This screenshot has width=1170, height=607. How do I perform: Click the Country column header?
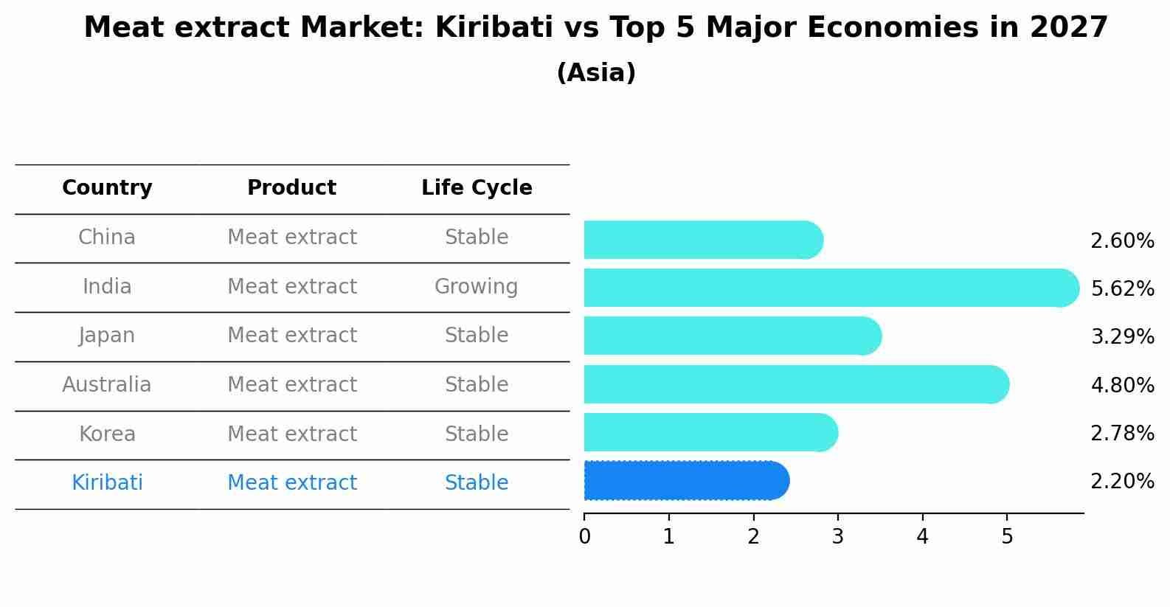pos(107,187)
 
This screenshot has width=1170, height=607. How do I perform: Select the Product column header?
pos(292,187)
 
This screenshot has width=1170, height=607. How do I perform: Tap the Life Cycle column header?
pos(477,187)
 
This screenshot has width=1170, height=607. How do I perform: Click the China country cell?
pos(107,237)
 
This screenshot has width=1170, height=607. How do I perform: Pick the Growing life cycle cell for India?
pos(477,287)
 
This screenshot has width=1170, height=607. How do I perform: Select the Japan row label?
pos(107,336)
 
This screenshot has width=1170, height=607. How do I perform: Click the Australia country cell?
pos(107,384)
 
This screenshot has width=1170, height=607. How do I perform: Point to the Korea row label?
pos(107,434)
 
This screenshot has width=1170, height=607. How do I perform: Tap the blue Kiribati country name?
pos(107,482)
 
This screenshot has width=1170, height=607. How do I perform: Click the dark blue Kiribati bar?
pos(687,481)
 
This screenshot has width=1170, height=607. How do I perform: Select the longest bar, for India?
pos(831,288)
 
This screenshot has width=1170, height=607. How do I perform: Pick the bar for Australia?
pos(797,384)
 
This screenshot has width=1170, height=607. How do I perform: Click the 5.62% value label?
pos(1123,288)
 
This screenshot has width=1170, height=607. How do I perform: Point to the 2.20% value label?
pos(1123,481)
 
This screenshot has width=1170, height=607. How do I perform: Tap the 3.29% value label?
pos(1123,336)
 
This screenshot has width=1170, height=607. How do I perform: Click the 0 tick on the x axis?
pos(584,536)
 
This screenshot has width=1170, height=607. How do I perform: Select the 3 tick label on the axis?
pos(838,536)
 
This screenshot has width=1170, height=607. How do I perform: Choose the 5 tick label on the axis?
pos(1007,536)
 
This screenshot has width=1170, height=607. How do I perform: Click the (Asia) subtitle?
pos(597,72)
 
